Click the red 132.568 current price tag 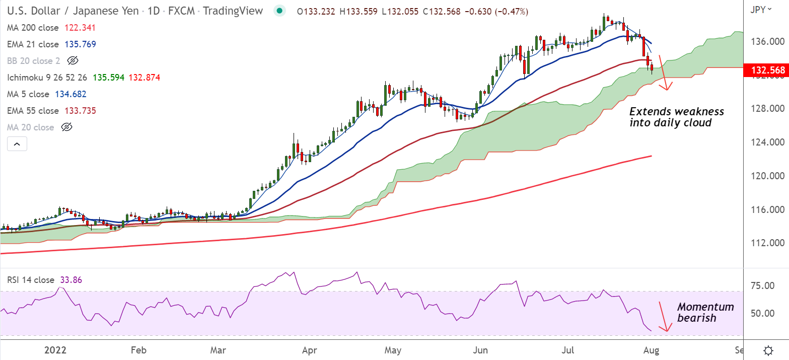click(x=766, y=70)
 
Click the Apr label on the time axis click(x=311, y=350)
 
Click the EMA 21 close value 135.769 click(x=80, y=44)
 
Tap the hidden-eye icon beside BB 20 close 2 click(x=73, y=61)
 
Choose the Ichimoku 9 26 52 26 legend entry click(x=47, y=78)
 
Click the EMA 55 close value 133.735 click(x=80, y=111)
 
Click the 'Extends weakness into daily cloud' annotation click(x=676, y=116)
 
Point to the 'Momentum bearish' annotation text click(x=705, y=312)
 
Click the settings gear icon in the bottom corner click(x=768, y=350)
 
